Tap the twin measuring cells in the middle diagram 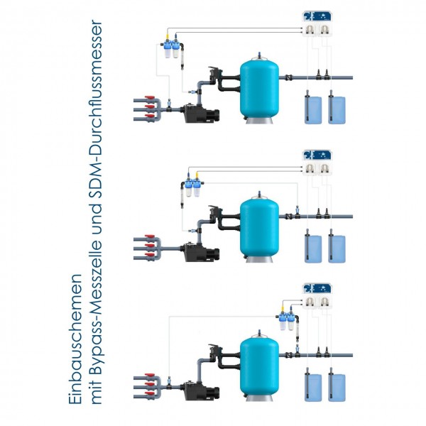click(192, 188)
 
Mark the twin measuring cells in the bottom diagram click(288, 326)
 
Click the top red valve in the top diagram click(149, 100)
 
